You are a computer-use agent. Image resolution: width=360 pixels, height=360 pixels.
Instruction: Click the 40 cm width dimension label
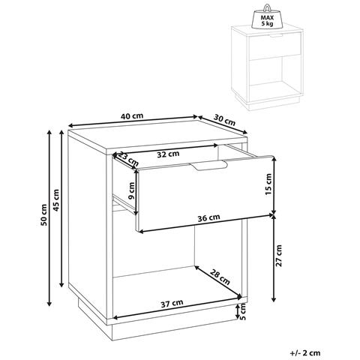[132, 116]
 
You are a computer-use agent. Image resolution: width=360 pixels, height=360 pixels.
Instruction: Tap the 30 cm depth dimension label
[224, 120]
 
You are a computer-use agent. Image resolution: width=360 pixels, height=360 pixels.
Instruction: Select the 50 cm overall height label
[43, 215]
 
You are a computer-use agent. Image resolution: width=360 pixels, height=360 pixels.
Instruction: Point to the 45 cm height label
[56, 200]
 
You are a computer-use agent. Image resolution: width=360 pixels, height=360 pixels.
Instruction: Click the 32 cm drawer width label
[168, 154]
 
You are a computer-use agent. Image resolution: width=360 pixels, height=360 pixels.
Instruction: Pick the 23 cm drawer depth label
[127, 159]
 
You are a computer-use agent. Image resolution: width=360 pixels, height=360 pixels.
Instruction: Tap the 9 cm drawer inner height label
[131, 190]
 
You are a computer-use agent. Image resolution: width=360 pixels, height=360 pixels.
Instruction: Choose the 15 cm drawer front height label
[268, 184]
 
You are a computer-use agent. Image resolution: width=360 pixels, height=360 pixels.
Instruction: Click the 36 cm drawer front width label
[208, 218]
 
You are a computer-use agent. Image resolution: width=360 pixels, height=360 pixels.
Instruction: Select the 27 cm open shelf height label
[278, 256]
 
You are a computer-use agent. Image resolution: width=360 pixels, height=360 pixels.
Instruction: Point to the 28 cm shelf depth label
[220, 277]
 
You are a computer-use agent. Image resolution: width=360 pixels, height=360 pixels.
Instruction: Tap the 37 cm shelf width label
[172, 304]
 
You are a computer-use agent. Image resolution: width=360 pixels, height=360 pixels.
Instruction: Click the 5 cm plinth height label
[243, 311]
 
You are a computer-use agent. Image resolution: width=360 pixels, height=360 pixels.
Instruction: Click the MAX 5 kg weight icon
[267, 16]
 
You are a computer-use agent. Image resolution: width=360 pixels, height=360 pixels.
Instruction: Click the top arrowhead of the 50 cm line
[49, 132]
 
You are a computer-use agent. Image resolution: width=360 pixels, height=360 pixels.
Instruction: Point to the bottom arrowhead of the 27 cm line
[274, 300]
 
